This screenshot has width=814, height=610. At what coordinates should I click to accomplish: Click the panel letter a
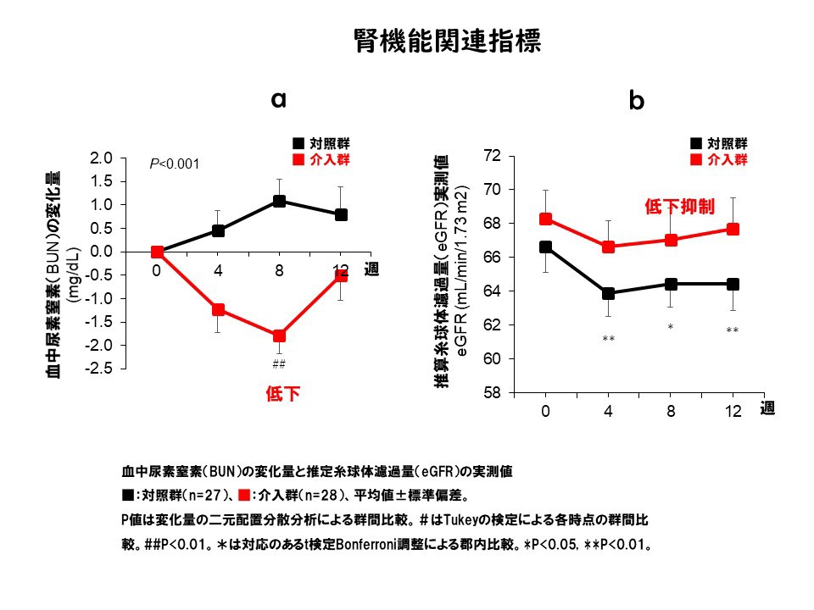click(278, 99)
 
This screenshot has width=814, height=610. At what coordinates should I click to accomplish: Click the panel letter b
click(636, 102)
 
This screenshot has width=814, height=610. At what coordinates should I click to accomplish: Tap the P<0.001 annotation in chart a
click(174, 164)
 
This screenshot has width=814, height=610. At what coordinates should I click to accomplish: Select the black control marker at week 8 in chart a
click(279, 202)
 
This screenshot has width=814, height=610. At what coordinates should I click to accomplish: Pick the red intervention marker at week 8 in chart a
click(279, 335)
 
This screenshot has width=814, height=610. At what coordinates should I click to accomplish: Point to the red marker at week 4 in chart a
click(218, 310)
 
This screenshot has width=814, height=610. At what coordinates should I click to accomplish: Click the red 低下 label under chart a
click(283, 394)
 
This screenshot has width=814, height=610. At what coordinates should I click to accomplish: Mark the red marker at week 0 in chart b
click(546, 219)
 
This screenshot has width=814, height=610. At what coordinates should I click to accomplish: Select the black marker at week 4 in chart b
click(608, 293)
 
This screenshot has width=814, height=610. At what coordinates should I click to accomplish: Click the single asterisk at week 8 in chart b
click(670, 327)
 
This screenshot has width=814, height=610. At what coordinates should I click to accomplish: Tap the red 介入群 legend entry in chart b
click(721, 159)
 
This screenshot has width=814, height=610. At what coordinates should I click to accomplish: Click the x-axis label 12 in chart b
click(733, 412)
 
